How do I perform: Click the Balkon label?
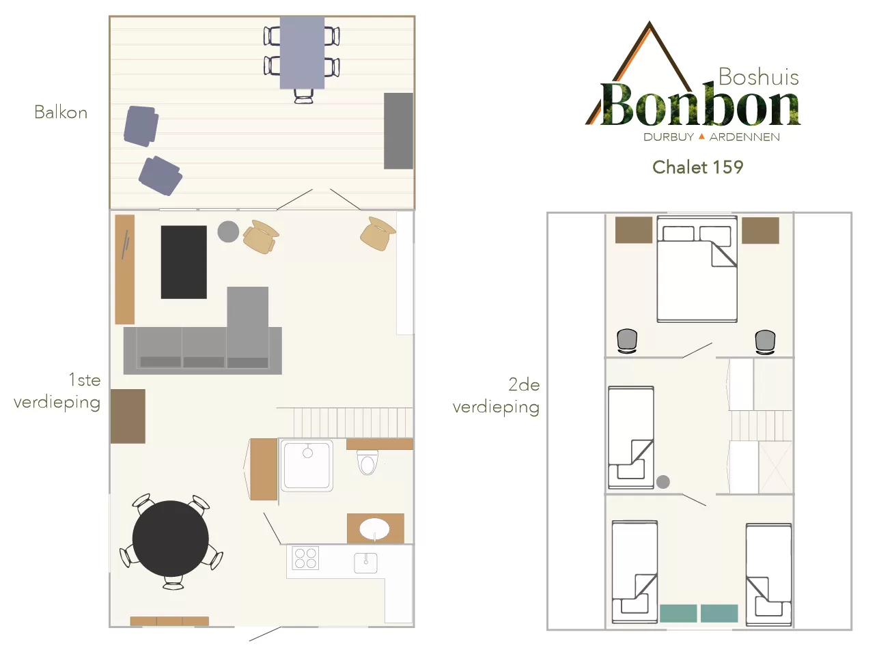(61, 112)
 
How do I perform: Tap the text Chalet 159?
(697, 167)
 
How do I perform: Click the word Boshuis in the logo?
(759, 76)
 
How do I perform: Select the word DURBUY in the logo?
(669, 137)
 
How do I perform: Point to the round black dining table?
(171, 539)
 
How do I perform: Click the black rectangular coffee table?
(184, 262)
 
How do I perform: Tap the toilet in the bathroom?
(367, 462)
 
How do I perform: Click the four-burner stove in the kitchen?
(305, 558)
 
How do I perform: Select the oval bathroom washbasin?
(374, 529)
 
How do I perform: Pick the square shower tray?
(307, 465)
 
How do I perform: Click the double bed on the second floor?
(697, 269)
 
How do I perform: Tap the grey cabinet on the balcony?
(398, 131)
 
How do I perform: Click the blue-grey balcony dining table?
(302, 53)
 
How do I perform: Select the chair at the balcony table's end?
(303, 96)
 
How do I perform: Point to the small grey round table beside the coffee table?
(228, 231)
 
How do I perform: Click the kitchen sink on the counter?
(365, 563)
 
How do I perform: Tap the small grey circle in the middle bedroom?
(663, 482)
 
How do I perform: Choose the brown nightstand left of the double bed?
(634, 230)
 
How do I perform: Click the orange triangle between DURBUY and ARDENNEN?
(701, 137)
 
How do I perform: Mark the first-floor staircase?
(345, 423)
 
